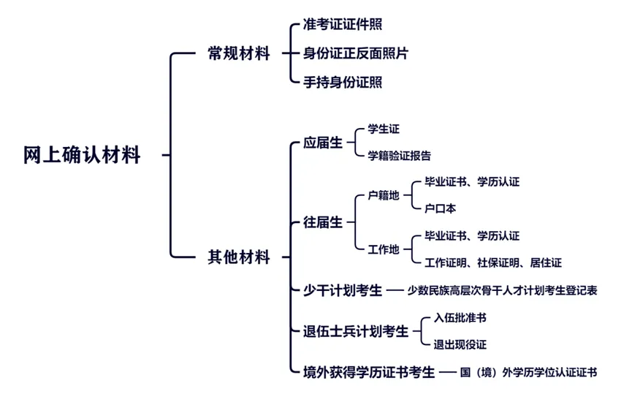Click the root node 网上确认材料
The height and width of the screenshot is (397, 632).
coord(82,155)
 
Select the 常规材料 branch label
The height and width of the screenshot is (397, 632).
coord(239,53)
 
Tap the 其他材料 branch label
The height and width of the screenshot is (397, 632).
coord(239,257)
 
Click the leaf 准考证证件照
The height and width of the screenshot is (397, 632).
coord(343,24)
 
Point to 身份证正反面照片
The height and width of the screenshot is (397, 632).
coord(356,53)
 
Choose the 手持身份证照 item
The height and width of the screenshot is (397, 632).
coord(343,83)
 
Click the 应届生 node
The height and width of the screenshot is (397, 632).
coord(323,143)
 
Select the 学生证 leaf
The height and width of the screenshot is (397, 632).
coord(384,129)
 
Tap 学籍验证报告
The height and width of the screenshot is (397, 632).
coord(399,156)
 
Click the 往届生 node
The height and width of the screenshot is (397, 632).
coord(323,222)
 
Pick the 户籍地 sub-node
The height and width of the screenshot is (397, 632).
coord(384,196)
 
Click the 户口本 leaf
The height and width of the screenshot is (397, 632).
coord(440,208)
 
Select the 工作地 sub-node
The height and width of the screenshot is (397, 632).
coord(384,249)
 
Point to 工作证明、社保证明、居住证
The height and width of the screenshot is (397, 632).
coord(493,263)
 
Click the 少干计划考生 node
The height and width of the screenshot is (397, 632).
coord(343,290)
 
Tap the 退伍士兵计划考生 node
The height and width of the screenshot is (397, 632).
coord(356,332)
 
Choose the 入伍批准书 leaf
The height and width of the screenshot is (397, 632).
coord(460,318)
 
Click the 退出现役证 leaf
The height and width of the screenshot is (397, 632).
coord(460,344)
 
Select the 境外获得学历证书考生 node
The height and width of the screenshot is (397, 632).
coord(369,372)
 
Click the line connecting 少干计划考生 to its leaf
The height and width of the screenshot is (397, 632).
coord(395,290)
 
